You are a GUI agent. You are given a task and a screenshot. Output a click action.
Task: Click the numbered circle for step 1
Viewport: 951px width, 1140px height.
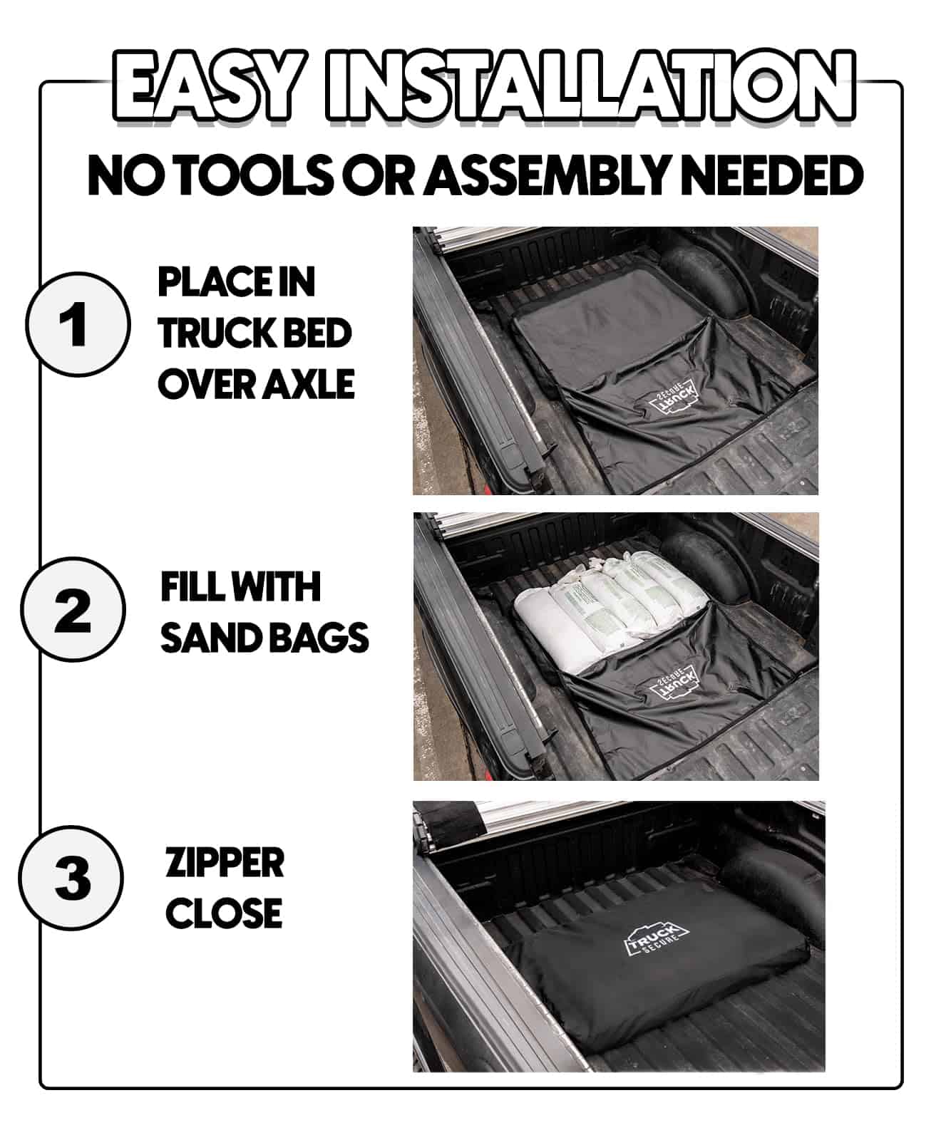pos(78,325)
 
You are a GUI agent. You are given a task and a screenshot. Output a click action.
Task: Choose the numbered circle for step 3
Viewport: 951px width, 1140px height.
pos(71,878)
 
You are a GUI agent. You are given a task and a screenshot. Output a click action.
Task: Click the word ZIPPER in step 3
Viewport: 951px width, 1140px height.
pos(225,863)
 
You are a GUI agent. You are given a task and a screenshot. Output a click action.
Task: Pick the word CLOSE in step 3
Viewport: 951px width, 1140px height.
pos(224,913)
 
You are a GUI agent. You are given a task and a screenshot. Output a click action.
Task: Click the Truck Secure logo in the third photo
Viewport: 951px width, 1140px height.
pos(657,936)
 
